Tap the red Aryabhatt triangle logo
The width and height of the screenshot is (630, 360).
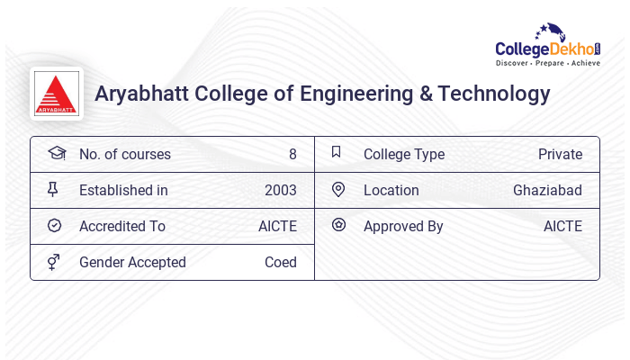(57, 94)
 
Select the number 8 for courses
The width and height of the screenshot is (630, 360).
(292, 154)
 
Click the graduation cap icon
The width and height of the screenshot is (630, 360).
(56, 153)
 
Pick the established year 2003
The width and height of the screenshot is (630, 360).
(281, 190)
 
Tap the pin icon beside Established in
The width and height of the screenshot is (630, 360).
(53, 189)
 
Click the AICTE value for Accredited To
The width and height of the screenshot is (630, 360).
(277, 226)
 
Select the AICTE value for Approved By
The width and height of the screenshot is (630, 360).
(562, 226)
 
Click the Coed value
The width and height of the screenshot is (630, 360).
(281, 262)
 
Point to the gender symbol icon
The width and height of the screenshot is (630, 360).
(53, 262)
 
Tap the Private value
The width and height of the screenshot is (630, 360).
(560, 154)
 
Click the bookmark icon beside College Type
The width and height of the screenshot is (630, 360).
(337, 152)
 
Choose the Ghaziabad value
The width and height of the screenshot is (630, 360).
(547, 190)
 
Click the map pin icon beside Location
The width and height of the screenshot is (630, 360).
(338, 189)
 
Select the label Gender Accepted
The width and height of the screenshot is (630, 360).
(132, 262)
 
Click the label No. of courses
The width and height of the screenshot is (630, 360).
(124, 154)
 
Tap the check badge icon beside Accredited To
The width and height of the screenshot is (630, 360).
(54, 225)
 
